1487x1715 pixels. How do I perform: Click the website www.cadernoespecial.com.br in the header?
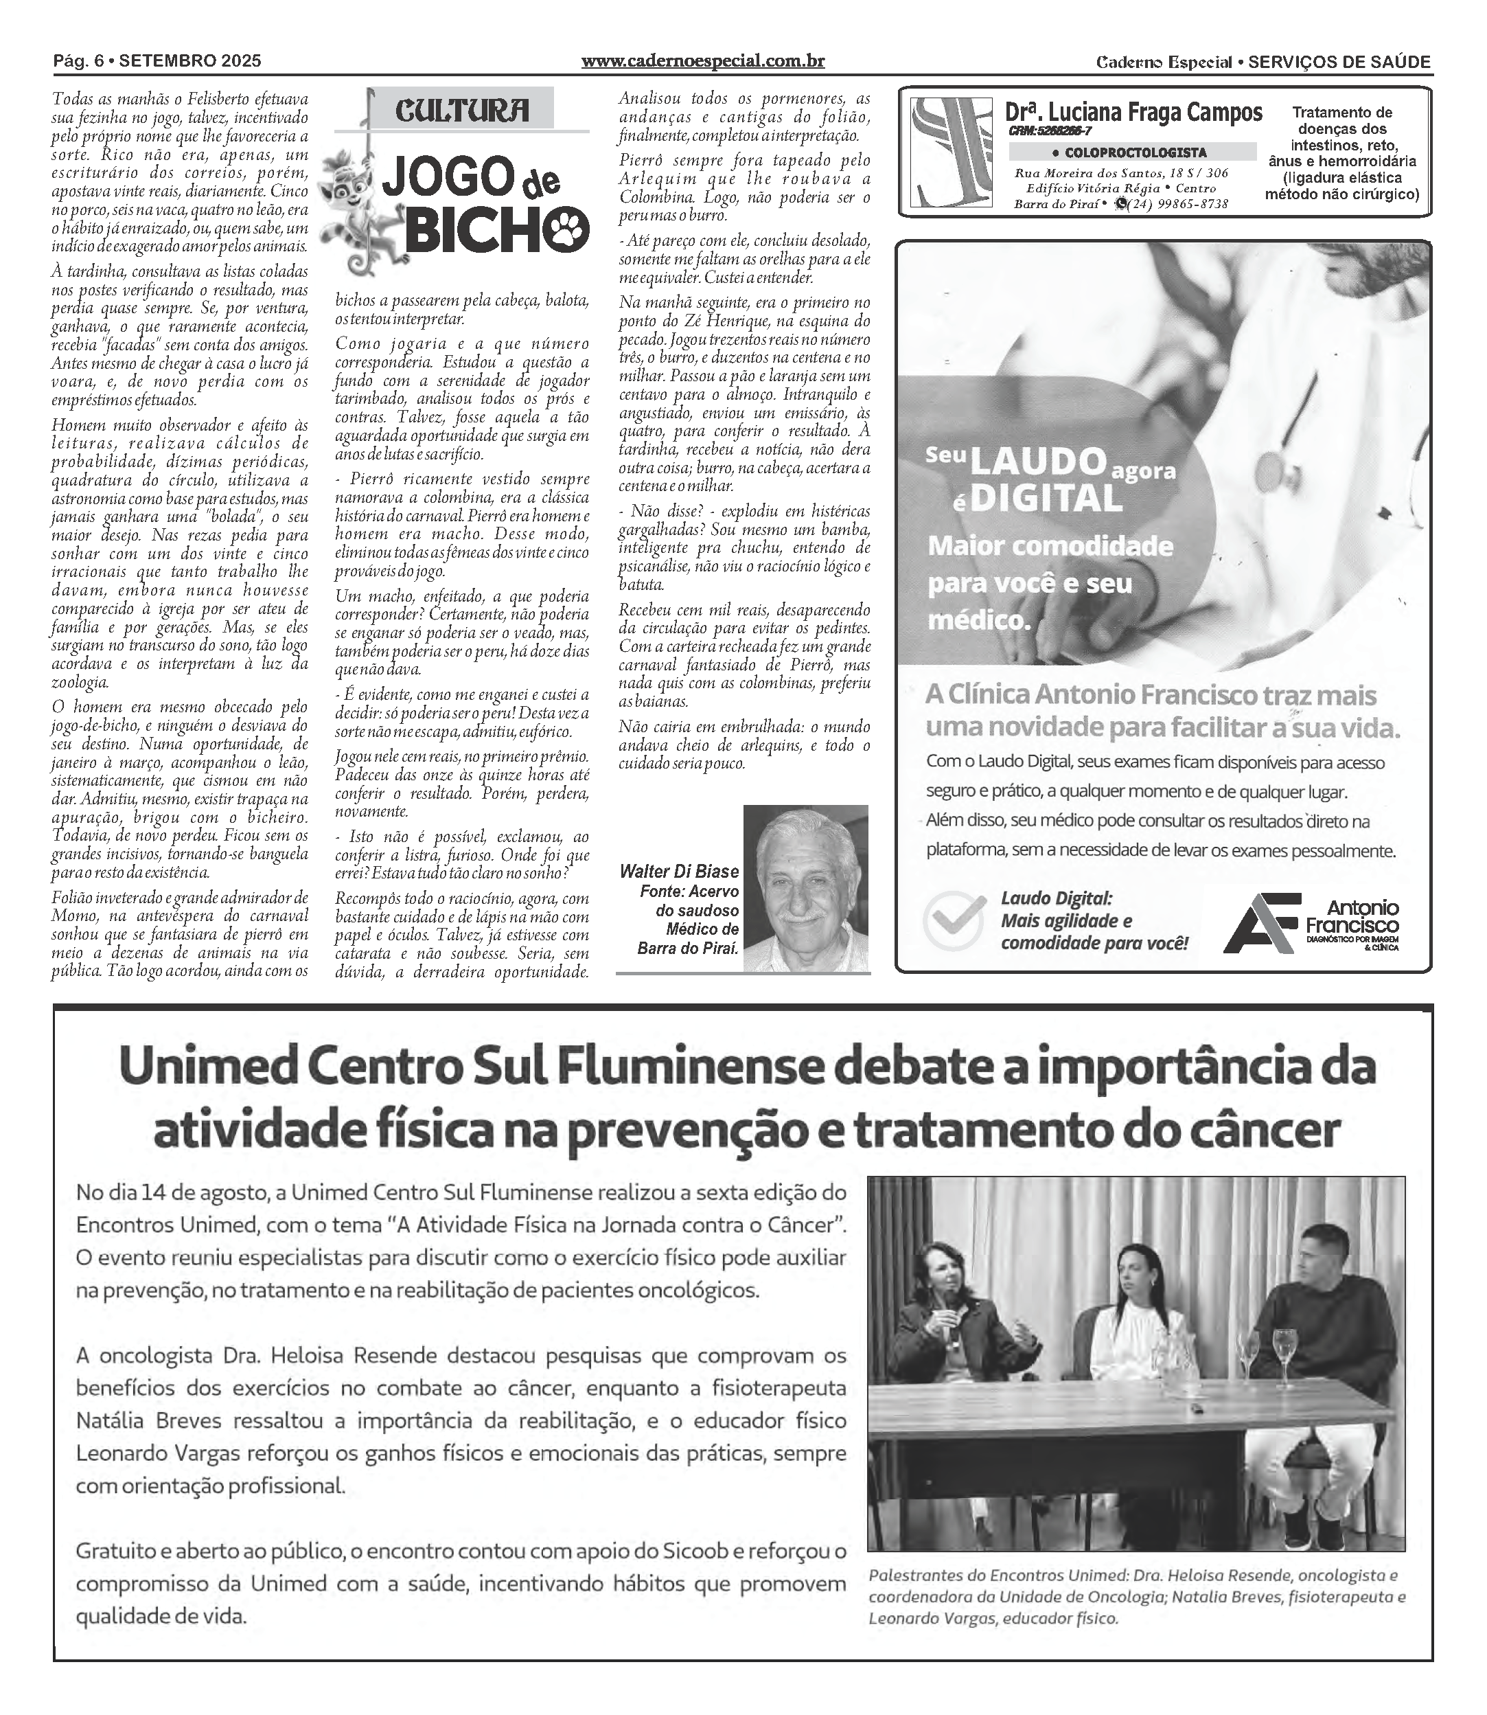(x=703, y=60)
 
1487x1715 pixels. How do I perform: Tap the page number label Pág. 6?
(x=81, y=60)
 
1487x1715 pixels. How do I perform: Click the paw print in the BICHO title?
(x=567, y=229)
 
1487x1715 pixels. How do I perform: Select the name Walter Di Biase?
(x=679, y=871)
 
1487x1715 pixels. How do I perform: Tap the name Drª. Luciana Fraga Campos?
(x=1133, y=112)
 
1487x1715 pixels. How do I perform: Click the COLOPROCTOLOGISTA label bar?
(x=1132, y=152)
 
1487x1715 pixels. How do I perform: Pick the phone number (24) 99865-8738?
(x=1178, y=204)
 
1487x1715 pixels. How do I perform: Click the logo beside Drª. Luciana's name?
(x=951, y=152)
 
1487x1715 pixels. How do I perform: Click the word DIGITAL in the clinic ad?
(x=1046, y=499)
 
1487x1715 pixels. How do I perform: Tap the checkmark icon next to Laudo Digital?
(x=954, y=920)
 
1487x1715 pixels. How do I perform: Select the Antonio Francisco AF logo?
(x=1261, y=922)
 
